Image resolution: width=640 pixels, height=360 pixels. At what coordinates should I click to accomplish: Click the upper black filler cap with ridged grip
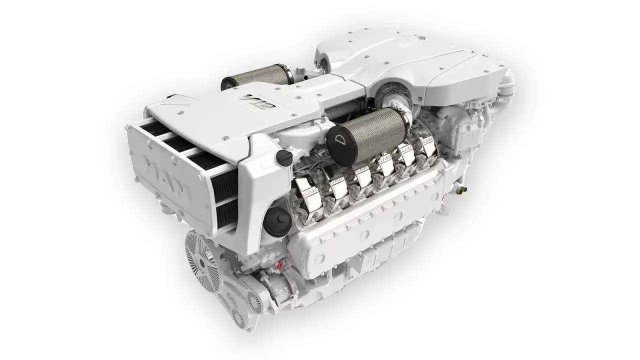click(284, 157)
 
